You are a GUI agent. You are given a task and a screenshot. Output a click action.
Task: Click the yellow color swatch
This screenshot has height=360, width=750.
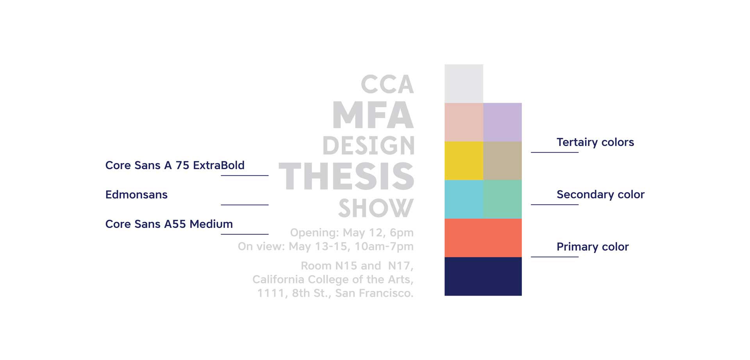click(x=464, y=160)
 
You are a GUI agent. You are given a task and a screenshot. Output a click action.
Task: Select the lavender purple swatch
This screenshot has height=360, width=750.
click(x=502, y=122)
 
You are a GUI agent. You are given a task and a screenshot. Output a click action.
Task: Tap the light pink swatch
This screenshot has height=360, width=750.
click(x=464, y=122)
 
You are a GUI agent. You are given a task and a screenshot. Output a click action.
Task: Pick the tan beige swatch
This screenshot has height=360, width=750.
click(x=502, y=160)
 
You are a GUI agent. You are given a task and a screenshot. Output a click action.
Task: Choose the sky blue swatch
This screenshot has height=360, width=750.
click(x=464, y=199)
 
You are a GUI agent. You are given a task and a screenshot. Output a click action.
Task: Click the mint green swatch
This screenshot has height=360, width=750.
click(x=502, y=199)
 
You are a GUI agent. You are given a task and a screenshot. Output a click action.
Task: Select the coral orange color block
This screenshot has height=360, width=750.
click(x=483, y=238)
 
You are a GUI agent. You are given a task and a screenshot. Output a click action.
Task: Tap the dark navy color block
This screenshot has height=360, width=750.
click(x=483, y=276)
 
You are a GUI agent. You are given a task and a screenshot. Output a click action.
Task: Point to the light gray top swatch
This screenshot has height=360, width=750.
click(x=464, y=84)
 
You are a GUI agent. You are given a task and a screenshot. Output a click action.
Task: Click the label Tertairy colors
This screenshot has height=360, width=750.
click(x=595, y=142)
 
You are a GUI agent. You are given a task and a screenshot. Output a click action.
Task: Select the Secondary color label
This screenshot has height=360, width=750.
click(x=600, y=194)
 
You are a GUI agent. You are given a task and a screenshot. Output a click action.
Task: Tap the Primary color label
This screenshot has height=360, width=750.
click(x=593, y=247)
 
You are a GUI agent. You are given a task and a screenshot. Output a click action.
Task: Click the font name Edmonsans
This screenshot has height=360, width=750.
click(x=136, y=194)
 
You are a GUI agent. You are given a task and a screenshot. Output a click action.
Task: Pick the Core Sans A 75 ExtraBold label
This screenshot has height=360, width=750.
click(x=175, y=165)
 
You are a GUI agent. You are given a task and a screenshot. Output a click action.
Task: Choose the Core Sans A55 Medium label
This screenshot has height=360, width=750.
click(x=169, y=224)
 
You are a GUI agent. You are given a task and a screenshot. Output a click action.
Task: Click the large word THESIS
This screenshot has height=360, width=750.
click(x=346, y=176)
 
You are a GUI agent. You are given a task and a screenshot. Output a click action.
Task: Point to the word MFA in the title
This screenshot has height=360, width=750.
click(x=373, y=115)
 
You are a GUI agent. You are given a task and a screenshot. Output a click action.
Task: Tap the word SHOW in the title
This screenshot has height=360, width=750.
click(x=376, y=208)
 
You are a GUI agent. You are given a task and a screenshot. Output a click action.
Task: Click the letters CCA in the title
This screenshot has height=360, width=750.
click(x=387, y=85)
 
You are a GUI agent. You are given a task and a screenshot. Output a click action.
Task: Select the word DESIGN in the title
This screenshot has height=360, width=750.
click(x=368, y=146)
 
